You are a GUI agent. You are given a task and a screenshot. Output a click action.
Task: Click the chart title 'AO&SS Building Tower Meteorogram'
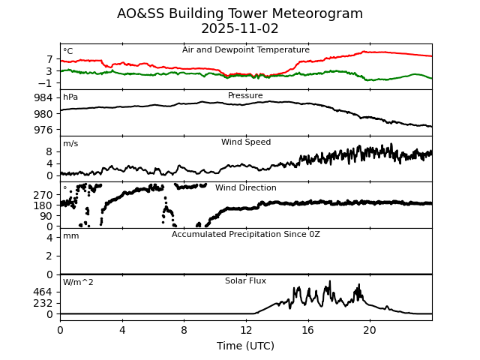(240, 13)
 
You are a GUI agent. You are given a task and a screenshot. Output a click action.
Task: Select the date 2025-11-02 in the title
(240, 28)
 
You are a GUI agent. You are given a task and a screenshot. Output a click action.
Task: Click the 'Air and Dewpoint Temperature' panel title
(245, 50)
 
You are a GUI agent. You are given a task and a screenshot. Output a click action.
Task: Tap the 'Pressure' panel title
(245, 96)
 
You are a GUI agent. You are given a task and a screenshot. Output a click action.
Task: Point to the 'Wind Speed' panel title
(245, 142)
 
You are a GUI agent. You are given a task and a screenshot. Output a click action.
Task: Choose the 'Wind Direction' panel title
(245, 188)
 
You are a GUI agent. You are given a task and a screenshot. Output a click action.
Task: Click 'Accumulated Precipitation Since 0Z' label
(245, 235)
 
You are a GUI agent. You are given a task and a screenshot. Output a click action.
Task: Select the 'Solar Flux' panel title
(245, 280)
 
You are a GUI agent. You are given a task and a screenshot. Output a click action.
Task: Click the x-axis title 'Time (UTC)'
(245, 346)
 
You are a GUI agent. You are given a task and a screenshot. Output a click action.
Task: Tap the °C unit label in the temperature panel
(68, 52)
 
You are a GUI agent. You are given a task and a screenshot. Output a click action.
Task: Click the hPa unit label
(70, 97)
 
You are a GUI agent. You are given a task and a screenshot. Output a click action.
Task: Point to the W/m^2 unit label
(78, 283)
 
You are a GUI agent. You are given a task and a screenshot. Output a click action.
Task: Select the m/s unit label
(70, 144)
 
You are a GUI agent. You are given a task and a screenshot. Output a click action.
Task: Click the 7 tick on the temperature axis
(49, 59)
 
